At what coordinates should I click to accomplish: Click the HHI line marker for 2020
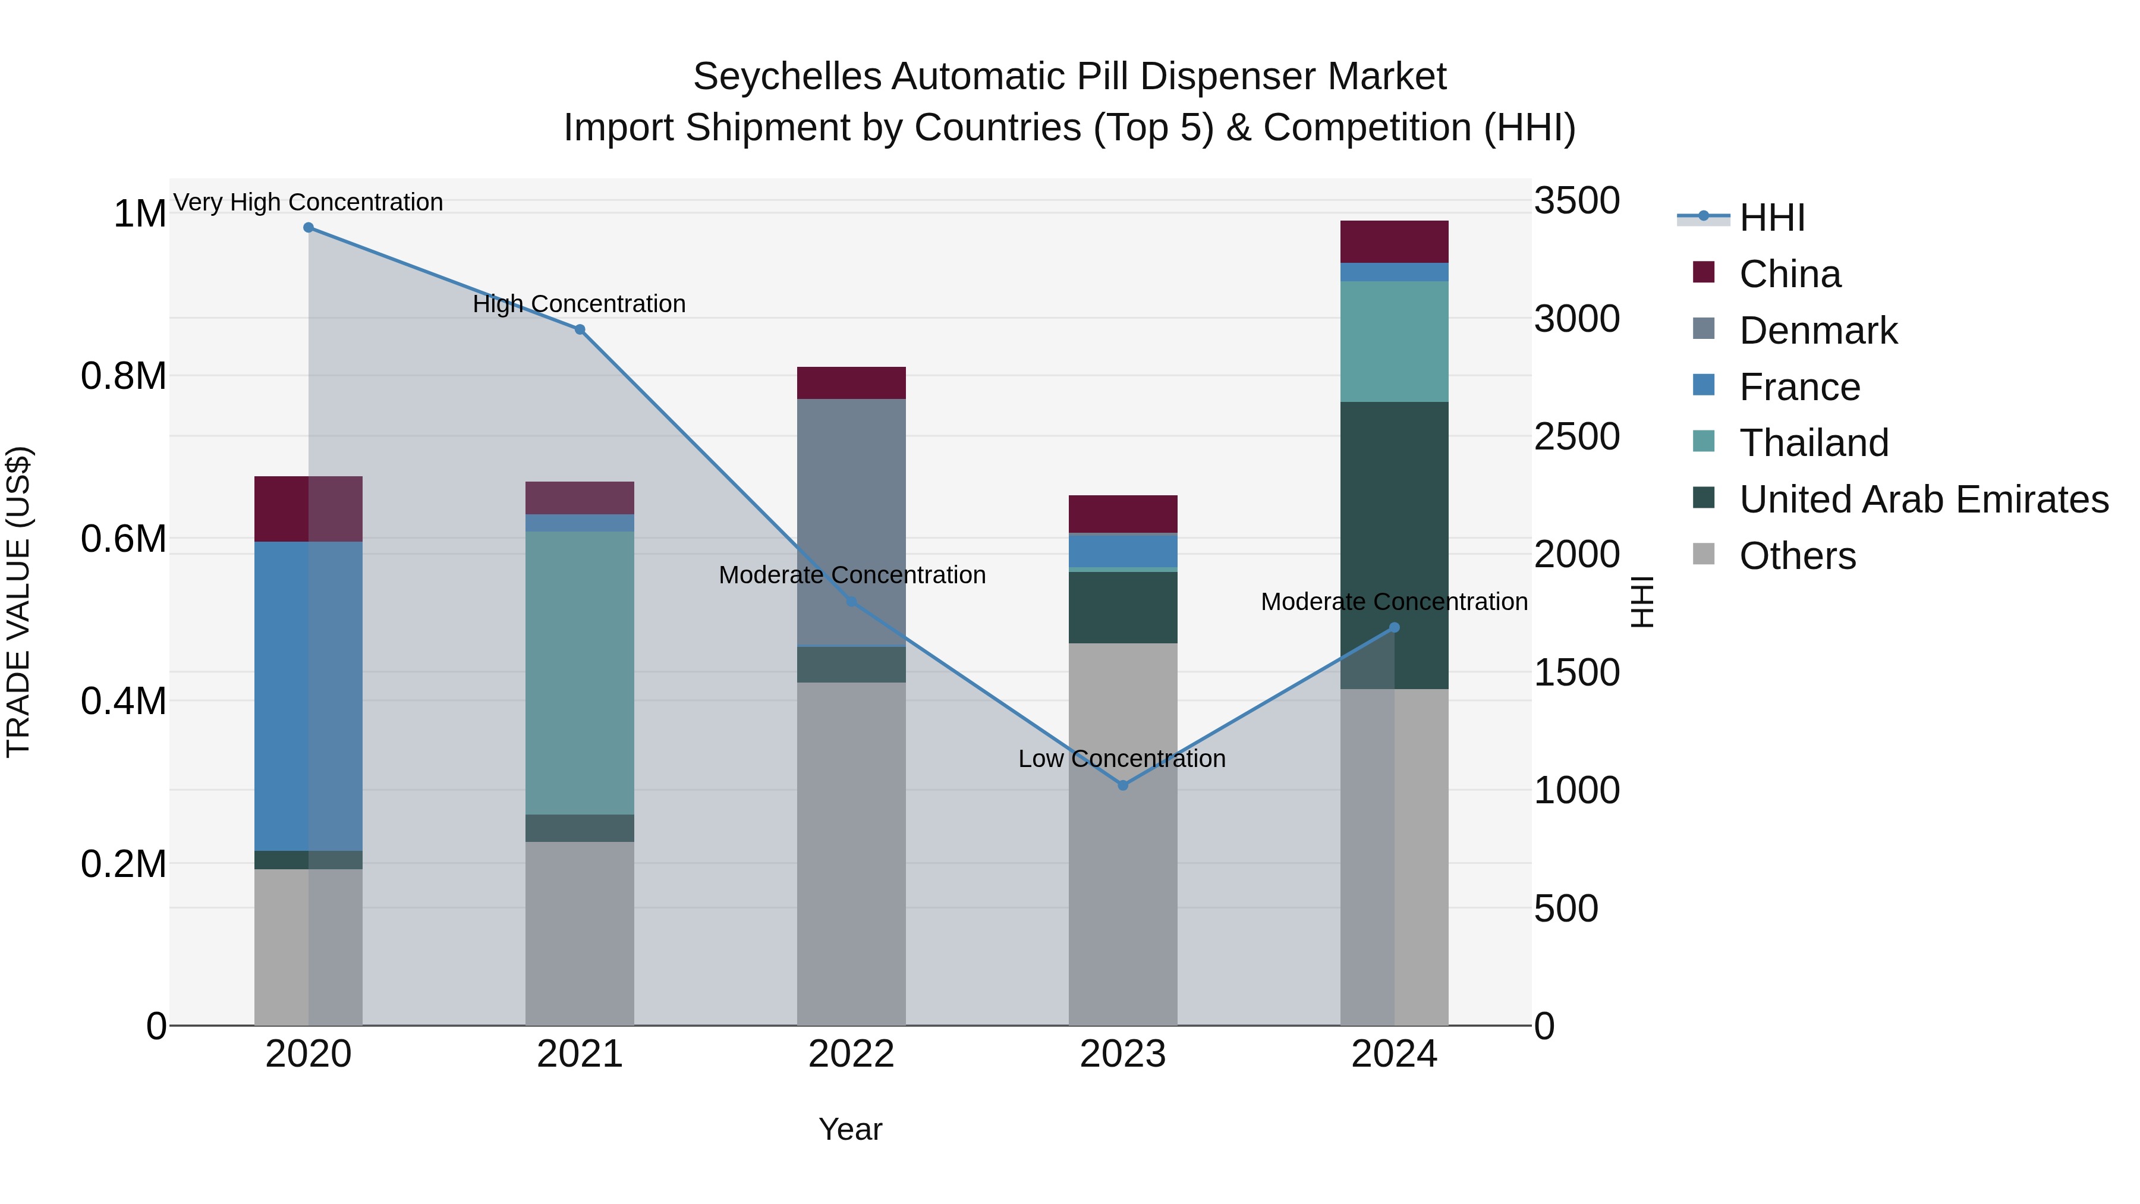308,228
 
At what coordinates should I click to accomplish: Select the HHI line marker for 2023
1122,785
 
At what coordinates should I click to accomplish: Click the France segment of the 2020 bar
307,696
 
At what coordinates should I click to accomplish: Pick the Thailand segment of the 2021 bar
579,672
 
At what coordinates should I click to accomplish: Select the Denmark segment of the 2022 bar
851,522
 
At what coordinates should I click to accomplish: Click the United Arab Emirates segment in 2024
1394,545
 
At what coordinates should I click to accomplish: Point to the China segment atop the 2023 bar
1122,514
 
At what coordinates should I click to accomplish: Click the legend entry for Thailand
1814,443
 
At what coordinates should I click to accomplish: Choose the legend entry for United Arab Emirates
1923,499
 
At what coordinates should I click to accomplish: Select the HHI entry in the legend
1771,218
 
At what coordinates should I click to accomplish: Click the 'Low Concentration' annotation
1122,759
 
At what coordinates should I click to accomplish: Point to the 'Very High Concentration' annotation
308,202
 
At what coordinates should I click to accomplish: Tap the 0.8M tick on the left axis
124,376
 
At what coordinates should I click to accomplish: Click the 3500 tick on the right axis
1576,201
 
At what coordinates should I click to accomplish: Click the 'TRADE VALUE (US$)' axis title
19,602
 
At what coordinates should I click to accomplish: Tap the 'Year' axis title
850,1129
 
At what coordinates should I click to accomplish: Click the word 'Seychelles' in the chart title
786,77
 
